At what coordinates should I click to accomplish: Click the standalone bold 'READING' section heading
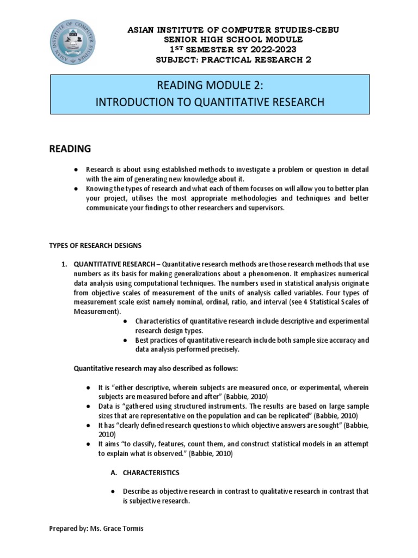(x=71, y=149)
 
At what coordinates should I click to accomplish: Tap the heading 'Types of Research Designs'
(x=95, y=245)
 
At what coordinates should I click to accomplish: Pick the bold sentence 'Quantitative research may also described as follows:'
(x=156, y=369)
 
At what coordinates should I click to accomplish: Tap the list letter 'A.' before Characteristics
(x=113, y=472)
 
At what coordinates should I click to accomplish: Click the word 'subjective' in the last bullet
(x=144, y=501)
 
